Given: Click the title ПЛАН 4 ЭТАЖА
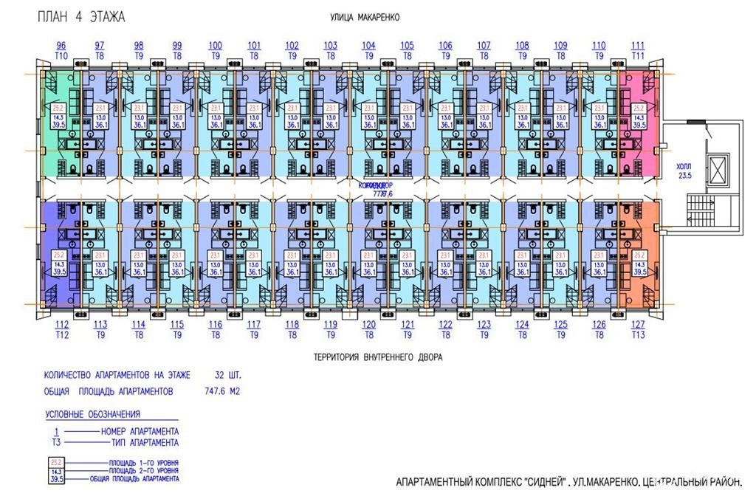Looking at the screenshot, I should (81, 16).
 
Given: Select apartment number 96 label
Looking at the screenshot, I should (61, 46).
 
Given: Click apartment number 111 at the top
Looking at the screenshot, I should (638, 46).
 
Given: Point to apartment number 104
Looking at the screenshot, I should (368, 46).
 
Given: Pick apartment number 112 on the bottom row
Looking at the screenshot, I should (61, 324).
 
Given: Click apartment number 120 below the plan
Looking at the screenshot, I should (368, 324).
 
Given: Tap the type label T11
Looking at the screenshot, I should (638, 55).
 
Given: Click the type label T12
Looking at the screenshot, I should (61, 334).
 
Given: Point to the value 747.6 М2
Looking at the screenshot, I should (221, 391).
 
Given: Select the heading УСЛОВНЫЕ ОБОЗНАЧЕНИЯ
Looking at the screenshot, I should (92, 414).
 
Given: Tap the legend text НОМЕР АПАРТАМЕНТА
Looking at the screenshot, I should (139, 431).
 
